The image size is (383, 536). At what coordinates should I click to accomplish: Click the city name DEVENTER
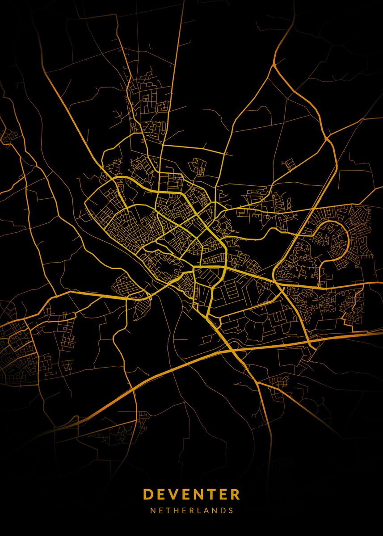[x=191, y=494]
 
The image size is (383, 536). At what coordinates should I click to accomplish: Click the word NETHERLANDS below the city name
[x=191, y=510]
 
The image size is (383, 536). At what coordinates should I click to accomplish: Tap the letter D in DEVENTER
[x=148, y=494]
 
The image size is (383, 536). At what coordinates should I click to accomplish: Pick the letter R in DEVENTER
[x=235, y=494]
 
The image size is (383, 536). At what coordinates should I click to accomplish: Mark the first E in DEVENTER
[x=161, y=494]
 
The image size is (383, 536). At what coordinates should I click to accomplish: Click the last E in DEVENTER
[x=222, y=494]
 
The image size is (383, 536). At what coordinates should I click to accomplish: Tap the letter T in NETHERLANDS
[x=169, y=510]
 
